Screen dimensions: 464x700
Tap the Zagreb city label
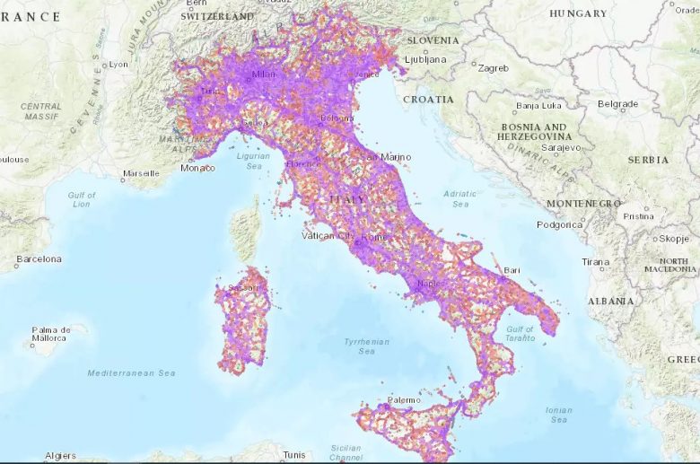pyautogui.click(x=494, y=68)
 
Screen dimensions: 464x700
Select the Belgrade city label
pyautogui.click(x=617, y=104)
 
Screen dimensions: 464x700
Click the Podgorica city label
pyautogui.click(x=561, y=225)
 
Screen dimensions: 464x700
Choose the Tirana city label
pyautogui.click(x=595, y=262)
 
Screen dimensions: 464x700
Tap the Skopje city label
pyautogui.click(x=674, y=239)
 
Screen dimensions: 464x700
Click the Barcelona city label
pyautogui.click(x=39, y=259)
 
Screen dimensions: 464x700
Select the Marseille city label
pyautogui.click(x=141, y=173)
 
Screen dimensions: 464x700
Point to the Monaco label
pyautogui.click(x=197, y=168)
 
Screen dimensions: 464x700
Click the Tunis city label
pyautogui.click(x=294, y=455)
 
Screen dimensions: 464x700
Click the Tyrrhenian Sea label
pyautogui.click(x=367, y=346)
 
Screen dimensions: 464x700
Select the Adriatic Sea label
pyautogui.click(x=460, y=198)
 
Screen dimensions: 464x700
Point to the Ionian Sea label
pyautogui.click(x=558, y=415)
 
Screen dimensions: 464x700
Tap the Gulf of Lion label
pyautogui.click(x=82, y=199)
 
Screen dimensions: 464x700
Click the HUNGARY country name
pyautogui.click(x=578, y=13)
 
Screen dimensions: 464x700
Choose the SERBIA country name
pyautogui.click(x=649, y=160)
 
